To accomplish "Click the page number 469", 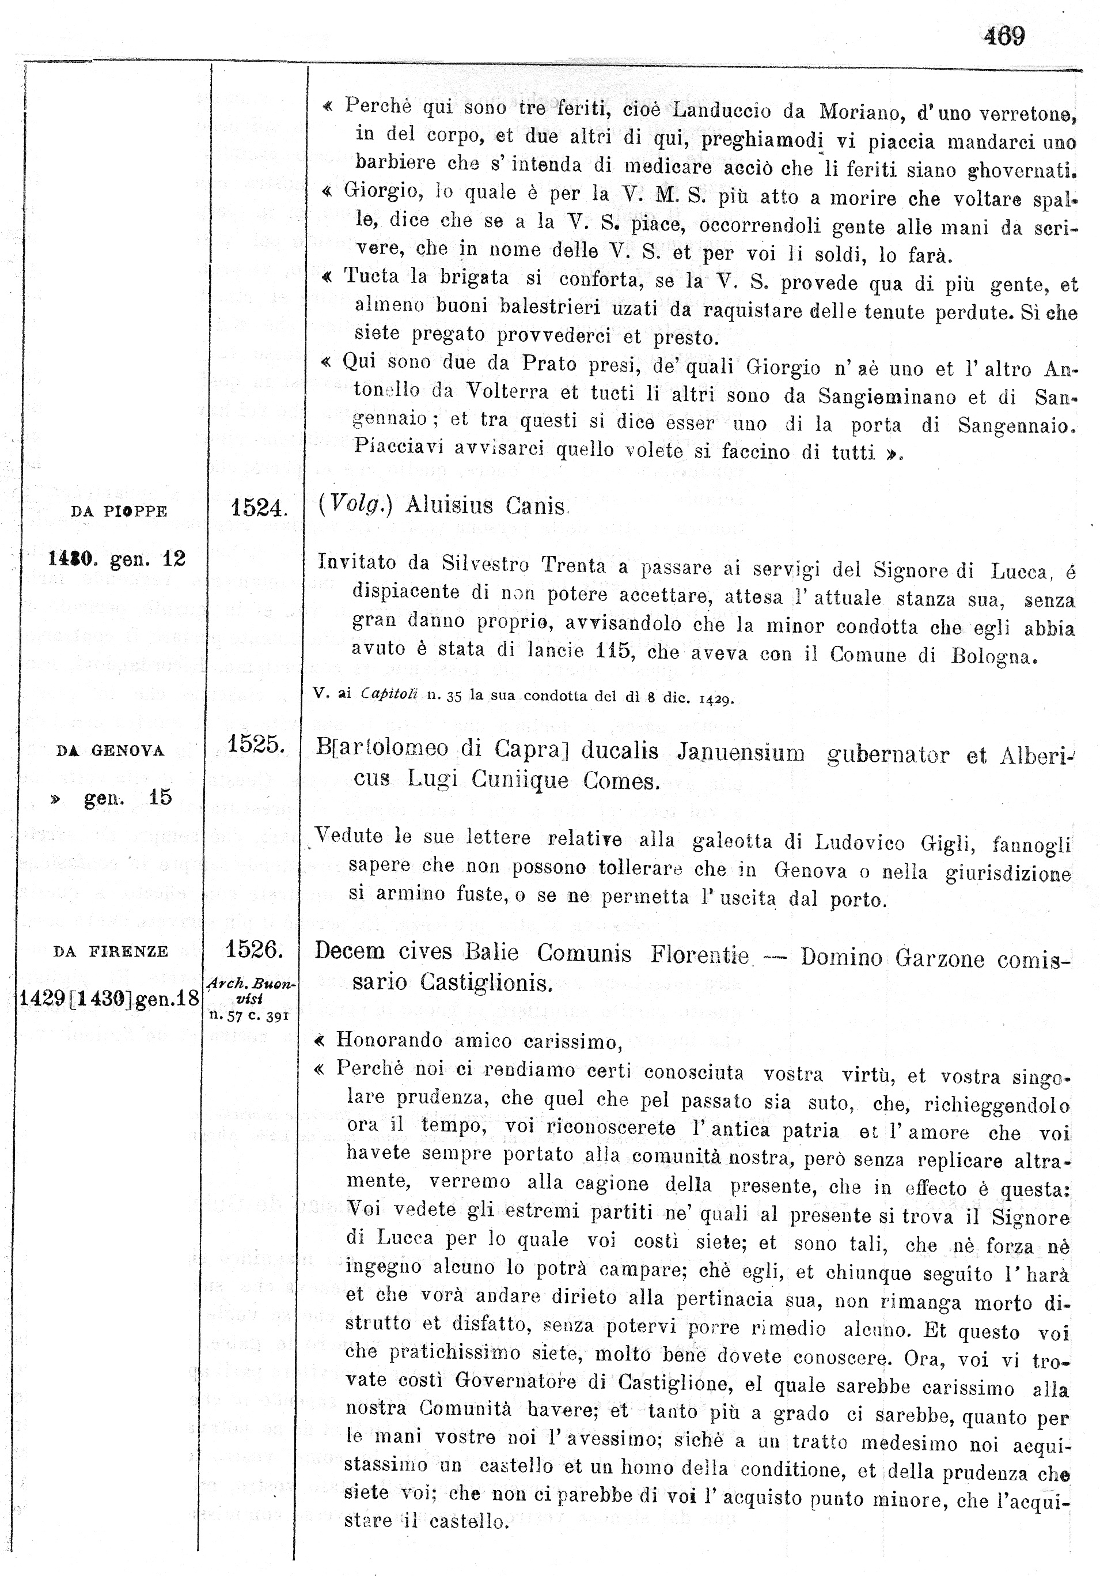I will (1004, 36).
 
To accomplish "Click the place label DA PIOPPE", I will (119, 511).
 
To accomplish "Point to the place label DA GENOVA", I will (110, 751).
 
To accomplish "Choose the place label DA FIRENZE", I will (111, 952).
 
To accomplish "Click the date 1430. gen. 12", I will (117, 559).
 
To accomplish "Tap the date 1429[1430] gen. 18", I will (108, 998).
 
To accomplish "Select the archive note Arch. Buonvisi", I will (251, 991).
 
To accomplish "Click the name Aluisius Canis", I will (487, 506).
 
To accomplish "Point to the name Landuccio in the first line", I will (727, 111).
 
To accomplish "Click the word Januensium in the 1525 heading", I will (741, 753).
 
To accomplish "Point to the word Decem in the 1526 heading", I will (349, 951).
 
